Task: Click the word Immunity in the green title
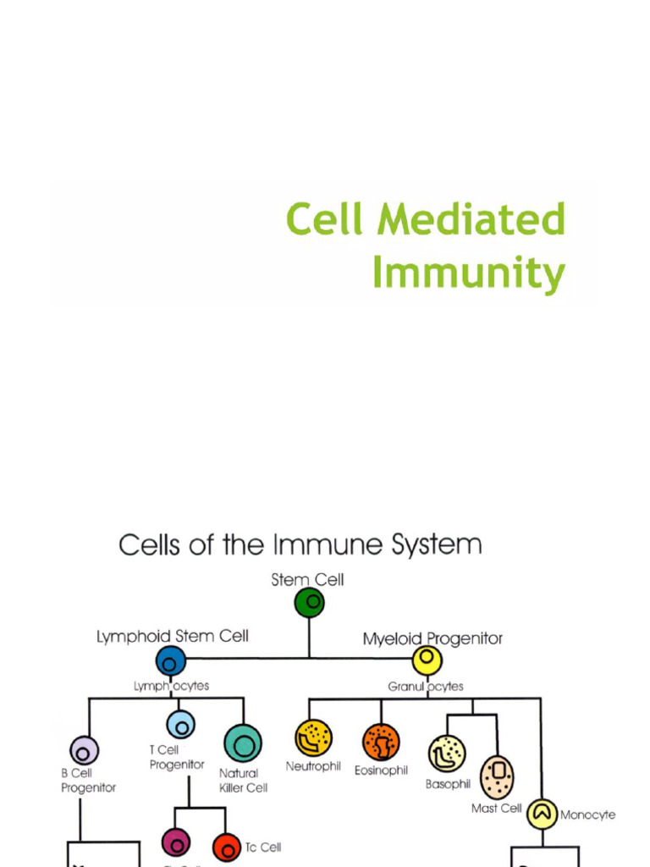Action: coord(468,273)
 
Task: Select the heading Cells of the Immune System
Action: coord(300,544)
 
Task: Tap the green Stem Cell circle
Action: coord(310,603)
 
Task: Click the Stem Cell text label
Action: coord(307,580)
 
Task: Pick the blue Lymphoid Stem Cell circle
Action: coord(170,661)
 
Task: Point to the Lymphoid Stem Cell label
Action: coord(172,636)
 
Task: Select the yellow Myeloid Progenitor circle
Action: coord(427,660)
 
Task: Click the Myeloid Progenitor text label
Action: coord(432,638)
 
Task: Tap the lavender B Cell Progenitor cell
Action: coord(84,750)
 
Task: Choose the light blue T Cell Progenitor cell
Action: coord(180,724)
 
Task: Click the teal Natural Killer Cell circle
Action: coord(243,743)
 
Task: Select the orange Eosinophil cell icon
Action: coord(381,743)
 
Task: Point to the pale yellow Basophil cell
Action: coord(447,754)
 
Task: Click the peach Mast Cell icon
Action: coord(497,777)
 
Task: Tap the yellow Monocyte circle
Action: coord(542,814)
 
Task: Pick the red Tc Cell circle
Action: coord(227,847)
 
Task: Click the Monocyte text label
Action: coord(587,815)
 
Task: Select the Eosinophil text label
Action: coord(381,770)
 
